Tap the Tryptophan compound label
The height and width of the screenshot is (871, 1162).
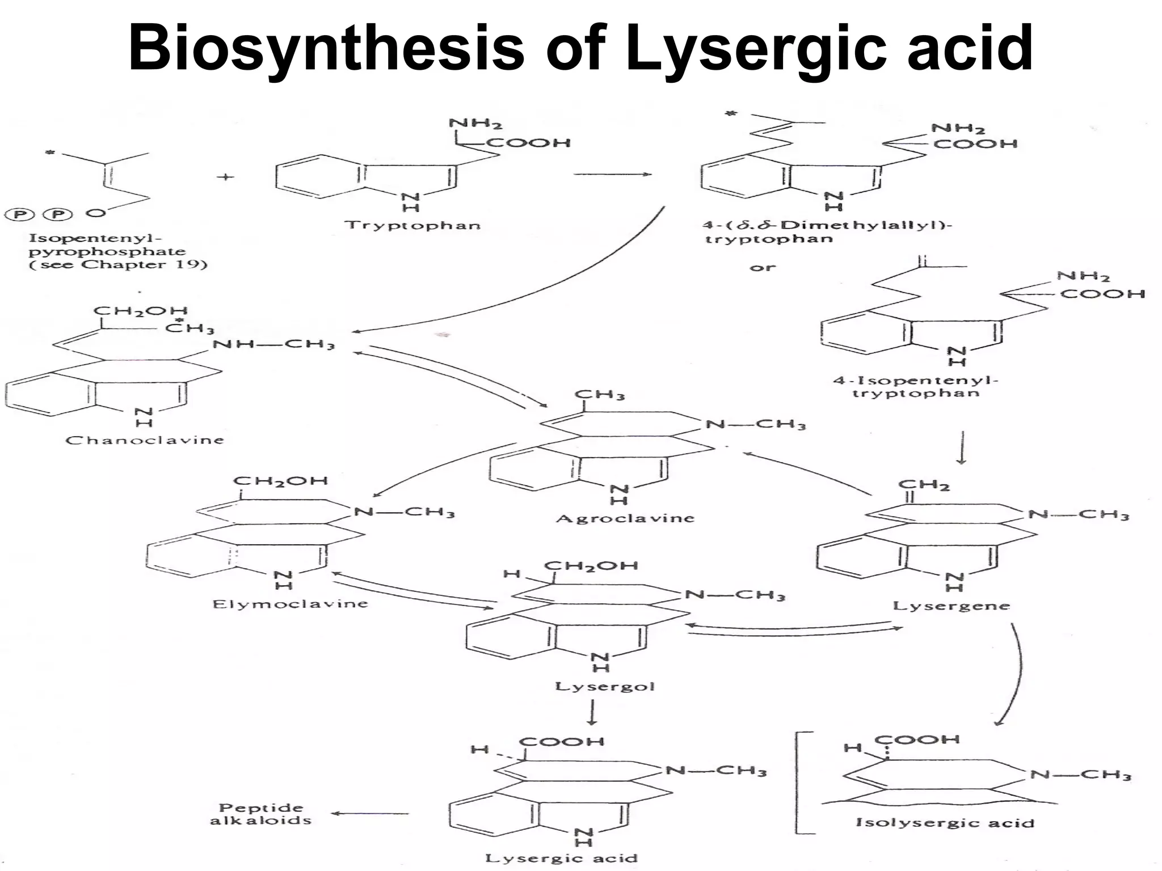(x=412, y=225)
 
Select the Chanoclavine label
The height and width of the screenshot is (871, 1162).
(x=145, y=440)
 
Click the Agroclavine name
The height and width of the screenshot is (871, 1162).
(x=625, y=518)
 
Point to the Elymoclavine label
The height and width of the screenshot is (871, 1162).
(x=290, y=604)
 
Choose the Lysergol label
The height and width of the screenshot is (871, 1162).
(x=605, y=686)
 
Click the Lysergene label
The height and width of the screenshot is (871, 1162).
(x=952, y=606)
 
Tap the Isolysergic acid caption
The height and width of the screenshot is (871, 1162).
(x=945, y=823)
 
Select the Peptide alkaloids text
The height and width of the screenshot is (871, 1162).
(x=260, y=814)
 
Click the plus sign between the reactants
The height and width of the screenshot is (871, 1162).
(x=225, y=177)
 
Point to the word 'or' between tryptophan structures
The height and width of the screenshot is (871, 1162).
(x=762, y=267)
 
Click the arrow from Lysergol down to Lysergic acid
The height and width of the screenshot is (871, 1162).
(x=592, y=713)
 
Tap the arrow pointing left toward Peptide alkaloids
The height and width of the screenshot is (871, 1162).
(x=369, y=814)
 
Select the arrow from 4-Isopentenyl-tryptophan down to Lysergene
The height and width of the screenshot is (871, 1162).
(x=961, y=448)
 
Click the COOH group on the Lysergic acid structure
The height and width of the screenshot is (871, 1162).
(x=562, y=742)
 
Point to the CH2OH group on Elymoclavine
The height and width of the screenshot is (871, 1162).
(x=280, y=481)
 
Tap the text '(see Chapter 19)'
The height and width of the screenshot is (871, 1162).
(x=118, y=265)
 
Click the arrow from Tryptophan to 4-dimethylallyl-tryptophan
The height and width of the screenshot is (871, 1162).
(x=612, y=174)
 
